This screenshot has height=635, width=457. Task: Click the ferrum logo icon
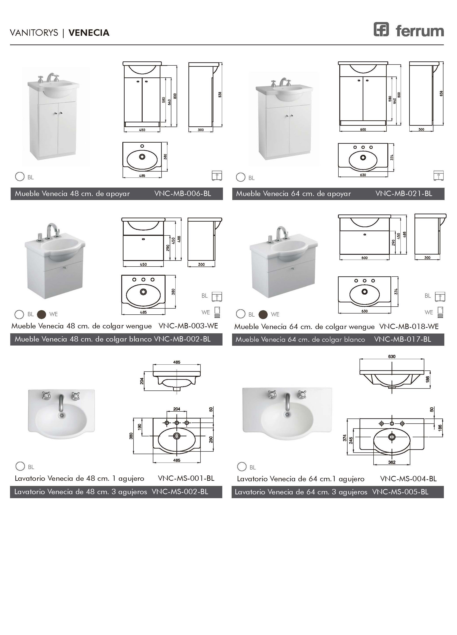381,29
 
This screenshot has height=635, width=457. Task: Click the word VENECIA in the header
89,33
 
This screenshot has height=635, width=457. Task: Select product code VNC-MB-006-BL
183,194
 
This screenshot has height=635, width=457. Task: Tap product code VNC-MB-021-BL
404,194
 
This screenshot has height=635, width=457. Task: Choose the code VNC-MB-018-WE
409,326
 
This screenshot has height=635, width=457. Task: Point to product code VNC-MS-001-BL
186,478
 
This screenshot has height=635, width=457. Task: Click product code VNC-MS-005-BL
400,492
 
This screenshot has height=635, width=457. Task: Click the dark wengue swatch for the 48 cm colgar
41,314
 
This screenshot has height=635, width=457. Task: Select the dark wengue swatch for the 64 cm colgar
263,314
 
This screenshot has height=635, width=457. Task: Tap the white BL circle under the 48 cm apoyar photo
20,177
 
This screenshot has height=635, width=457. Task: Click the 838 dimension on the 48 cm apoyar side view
220,95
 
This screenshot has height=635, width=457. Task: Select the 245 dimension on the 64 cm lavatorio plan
351,440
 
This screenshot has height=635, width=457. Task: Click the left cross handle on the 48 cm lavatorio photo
47,396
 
